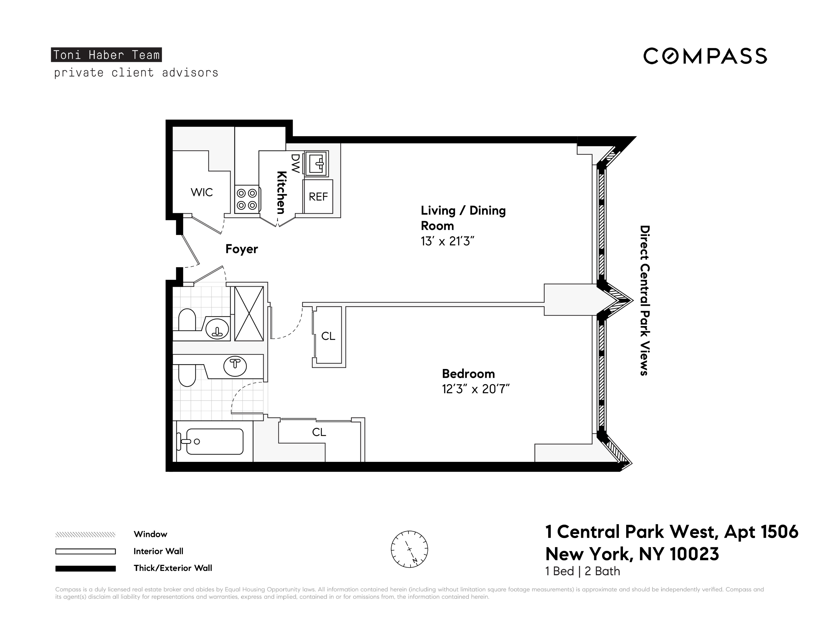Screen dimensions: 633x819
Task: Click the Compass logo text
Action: [x=705, y=56]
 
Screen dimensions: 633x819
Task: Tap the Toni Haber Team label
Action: [x=106, y=55]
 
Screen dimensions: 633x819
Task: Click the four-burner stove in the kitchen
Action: [x=247, y=199]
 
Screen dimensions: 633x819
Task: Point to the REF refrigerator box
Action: [x=318, y=197]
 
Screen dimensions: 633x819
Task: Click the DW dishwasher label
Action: [x=295, y=164]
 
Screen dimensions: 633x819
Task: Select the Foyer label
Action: [x=241, y=249]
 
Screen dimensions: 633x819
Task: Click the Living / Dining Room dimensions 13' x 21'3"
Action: [x=447, y=241]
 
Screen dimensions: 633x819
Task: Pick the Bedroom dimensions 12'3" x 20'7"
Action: [x=476, y=389]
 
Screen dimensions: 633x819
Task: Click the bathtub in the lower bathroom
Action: [x=214, y=441]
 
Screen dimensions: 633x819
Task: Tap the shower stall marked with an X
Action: [x=249, y=314]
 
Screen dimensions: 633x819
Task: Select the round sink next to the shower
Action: [x=217, y=329]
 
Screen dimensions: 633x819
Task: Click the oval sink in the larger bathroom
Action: [x=235, y=366]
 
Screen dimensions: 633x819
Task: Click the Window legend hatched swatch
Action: [x=86, y=534]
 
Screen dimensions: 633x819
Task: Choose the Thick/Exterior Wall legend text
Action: [x=173, y=568]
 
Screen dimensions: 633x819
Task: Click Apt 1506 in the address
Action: [x=761, y=532]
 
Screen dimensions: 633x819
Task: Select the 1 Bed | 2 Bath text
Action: [x=582, y=571]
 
